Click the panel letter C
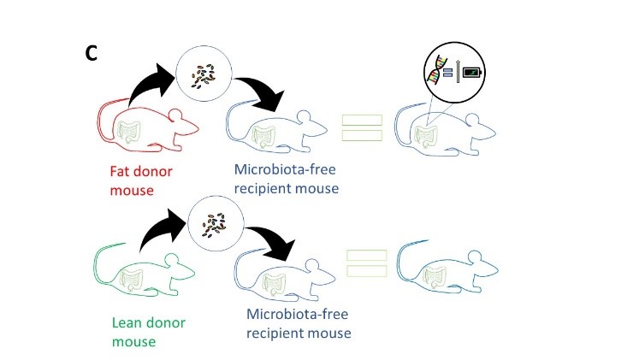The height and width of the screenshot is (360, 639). pyautogui.click(x=92, y=53)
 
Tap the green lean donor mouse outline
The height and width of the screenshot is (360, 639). pyautogui.click(x=141, y=274)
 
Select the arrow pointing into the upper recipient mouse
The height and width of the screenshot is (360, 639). pyautogui.click(x=264, y=94)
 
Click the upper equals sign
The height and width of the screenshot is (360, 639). pyautogui.click(x=362, y=129)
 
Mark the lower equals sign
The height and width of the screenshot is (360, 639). pyautogui.click(x=367, y=263)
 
